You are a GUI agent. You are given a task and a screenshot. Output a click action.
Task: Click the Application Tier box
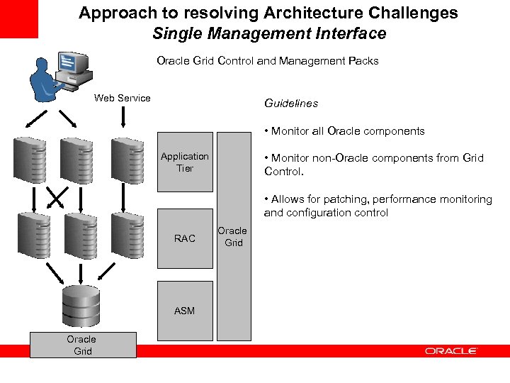[184, 162]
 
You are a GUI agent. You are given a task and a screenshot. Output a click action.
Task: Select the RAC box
[184, 238]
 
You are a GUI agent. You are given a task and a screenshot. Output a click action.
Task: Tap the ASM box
[184, 311]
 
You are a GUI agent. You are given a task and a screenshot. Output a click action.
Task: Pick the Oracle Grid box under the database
[81, 345]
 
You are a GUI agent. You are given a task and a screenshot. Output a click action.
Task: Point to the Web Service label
[123, 98]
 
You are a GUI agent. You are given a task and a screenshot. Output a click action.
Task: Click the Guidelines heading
[291, 104]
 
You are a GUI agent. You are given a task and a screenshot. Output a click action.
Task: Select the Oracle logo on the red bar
[451, 351]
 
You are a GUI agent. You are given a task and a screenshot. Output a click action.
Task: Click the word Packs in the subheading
[363, 61]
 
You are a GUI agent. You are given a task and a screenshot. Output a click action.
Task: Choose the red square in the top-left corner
[19, 19]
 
